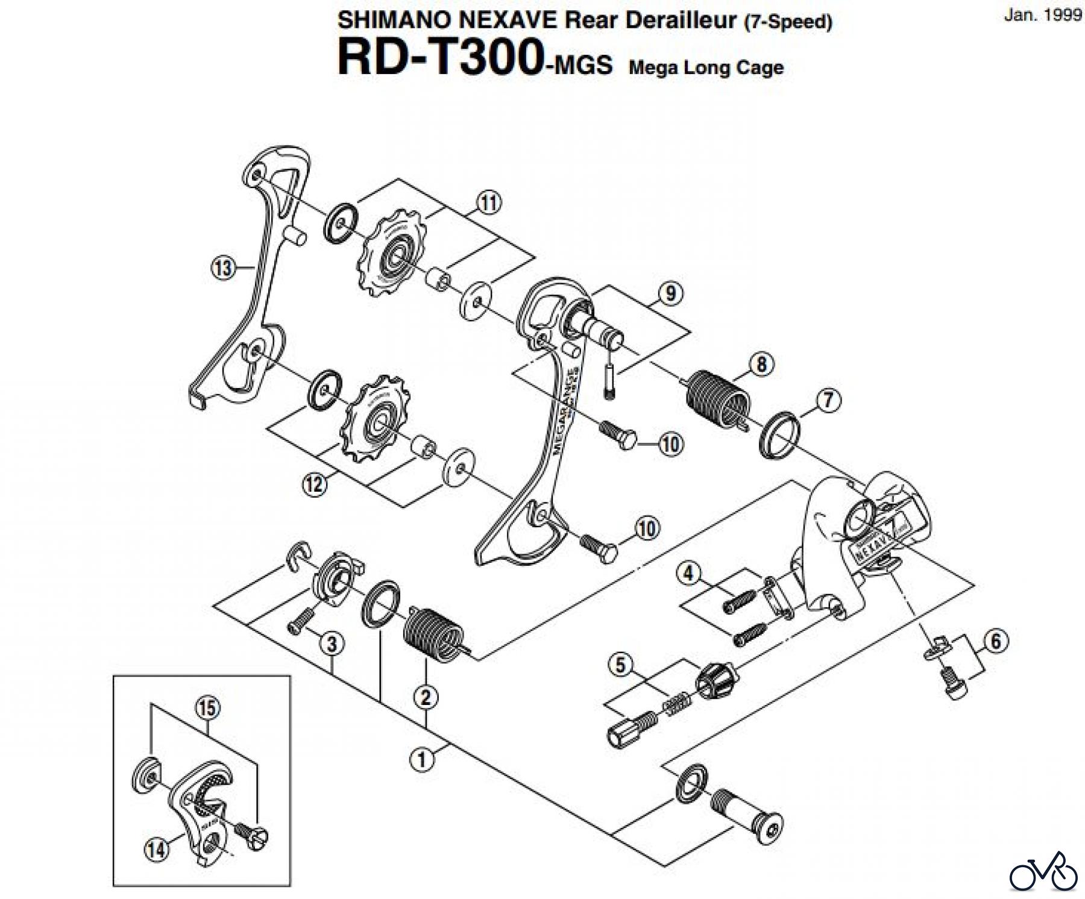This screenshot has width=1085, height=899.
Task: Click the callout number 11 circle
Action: [x=489, y=202]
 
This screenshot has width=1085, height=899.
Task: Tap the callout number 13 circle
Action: [x=223, y=266]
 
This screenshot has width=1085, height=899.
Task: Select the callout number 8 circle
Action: [x=761, y=364]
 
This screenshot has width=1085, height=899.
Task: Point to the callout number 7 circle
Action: [x=828, y=400]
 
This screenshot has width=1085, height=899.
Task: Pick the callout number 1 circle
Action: [x=422, y=760]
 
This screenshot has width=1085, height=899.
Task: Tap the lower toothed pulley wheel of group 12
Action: [x=374, y=419]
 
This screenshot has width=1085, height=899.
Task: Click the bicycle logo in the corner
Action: [x=1043, y=870]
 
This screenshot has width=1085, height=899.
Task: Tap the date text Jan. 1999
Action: [x=1042, y=16]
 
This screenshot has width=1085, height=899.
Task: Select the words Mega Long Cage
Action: [x=705, y=67]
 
